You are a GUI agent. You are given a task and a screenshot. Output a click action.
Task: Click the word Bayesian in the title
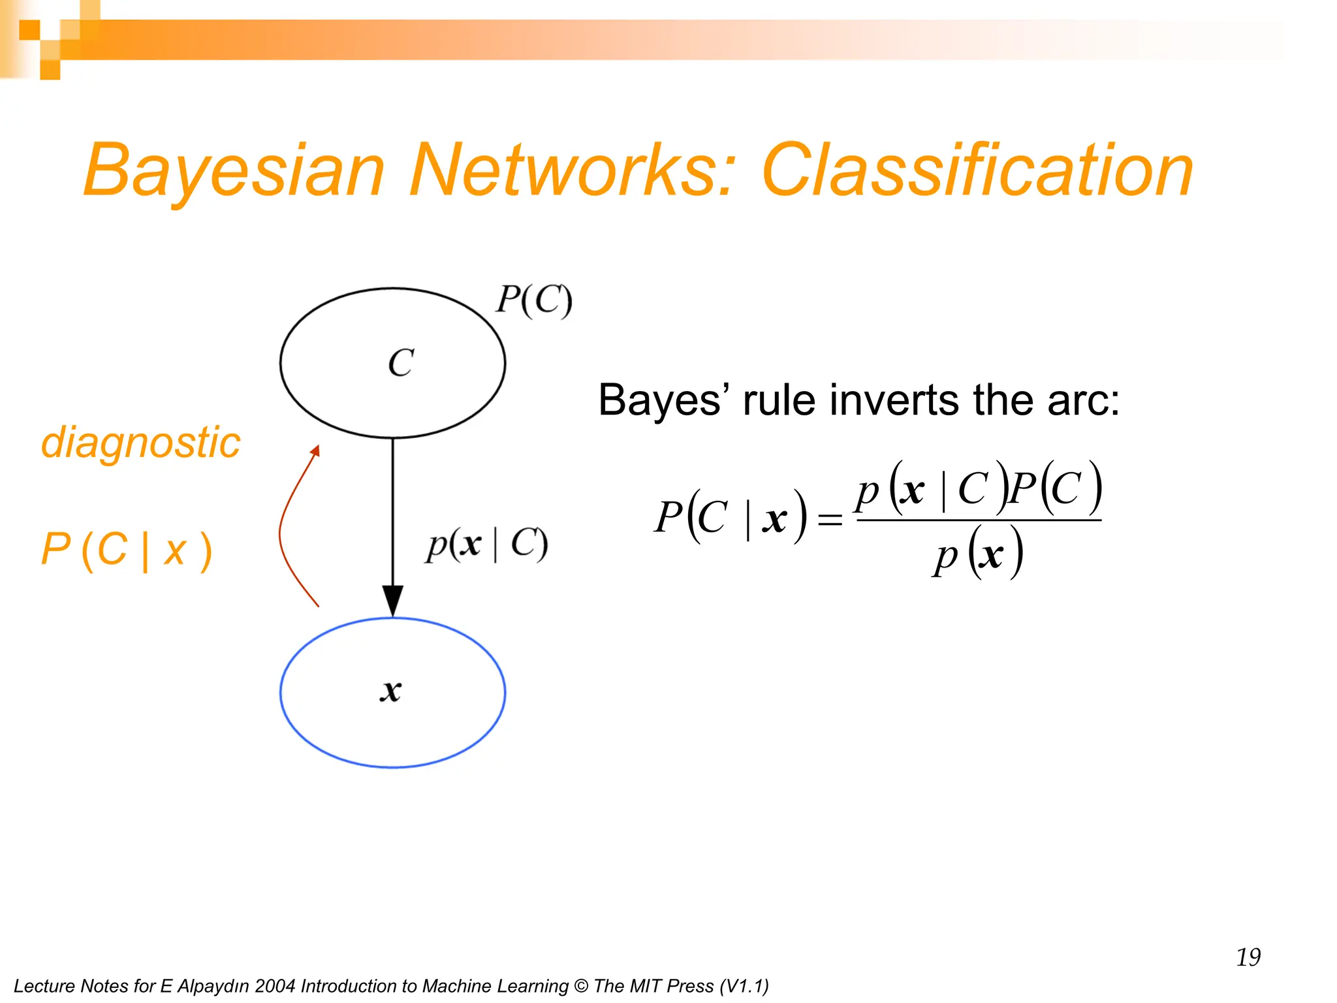[x=234, y=171]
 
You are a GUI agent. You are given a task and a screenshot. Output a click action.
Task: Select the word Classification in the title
[x=977, y=171]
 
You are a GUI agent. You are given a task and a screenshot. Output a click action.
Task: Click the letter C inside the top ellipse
[x=401, y=363]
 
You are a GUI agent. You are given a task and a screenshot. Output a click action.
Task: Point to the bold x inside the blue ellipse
[x=391, y=691]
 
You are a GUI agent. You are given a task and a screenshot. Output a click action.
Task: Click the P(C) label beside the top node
[x=533, y=300]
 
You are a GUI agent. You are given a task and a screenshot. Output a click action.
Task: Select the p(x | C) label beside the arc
[x=487, y=544]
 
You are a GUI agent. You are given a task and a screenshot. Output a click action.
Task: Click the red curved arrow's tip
[x=316, y=450]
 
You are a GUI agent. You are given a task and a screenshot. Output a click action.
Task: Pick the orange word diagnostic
[x=140, y=443]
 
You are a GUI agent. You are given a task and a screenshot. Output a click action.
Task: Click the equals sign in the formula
[x=830, y=520]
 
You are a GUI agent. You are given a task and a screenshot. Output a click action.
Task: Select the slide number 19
[x=1248, y=957]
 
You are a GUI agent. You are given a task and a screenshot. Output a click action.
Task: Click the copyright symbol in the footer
[x=580, y=986]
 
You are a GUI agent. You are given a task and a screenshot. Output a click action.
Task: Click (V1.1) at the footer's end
[x=744, y=986]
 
